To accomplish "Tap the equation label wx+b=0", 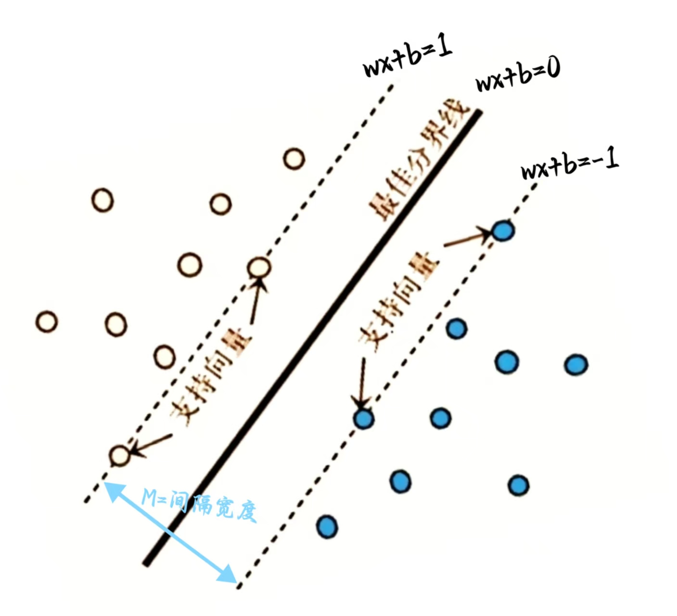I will [x=518, y=77].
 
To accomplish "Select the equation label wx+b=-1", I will [x=570, y=165].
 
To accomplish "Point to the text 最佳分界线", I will [x=418, y=160].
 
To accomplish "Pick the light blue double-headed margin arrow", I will [x=170, y=532].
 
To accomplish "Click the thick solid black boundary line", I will [x=313, y=337].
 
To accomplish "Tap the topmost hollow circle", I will [x=294, y=158].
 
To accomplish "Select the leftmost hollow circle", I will [x=47, y=321].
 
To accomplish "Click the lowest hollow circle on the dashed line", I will [x=119, y=455].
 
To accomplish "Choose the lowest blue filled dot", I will [x=327, y=526].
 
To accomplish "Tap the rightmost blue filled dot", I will [x=576, y=365].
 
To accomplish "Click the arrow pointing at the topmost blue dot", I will [x=467, y=239].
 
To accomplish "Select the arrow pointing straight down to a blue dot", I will [x=361, y=382].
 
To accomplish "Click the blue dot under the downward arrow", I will [x=363, y=418].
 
